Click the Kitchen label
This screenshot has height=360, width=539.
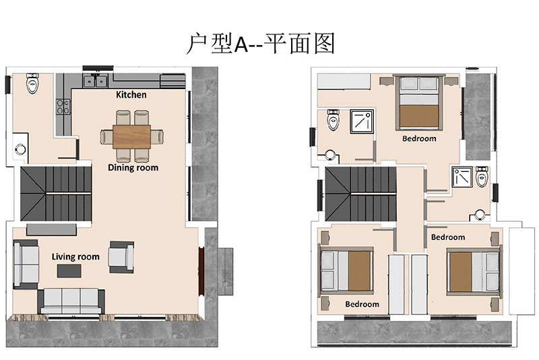131,94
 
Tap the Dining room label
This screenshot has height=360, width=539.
133,167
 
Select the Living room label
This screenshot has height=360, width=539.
75,257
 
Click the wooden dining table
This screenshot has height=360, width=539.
131,136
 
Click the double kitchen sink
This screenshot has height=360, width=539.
96,81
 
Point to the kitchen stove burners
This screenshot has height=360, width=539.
63,107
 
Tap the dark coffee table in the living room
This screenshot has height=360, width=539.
69,270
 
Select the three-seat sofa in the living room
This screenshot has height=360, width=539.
71,301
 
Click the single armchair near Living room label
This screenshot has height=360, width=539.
121,258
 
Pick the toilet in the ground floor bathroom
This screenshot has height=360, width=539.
32,83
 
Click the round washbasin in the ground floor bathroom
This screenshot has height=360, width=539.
20,149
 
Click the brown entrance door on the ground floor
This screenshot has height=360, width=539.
201,271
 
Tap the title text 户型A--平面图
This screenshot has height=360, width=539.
261,44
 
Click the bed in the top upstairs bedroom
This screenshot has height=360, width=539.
419,102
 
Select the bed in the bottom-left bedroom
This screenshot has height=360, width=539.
346,270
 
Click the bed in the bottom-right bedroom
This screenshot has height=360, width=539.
474,271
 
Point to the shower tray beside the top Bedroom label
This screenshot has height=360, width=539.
362,121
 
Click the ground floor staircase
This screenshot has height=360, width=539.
56,193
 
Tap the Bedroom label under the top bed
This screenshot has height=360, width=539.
419,139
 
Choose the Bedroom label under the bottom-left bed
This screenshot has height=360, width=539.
362,304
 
